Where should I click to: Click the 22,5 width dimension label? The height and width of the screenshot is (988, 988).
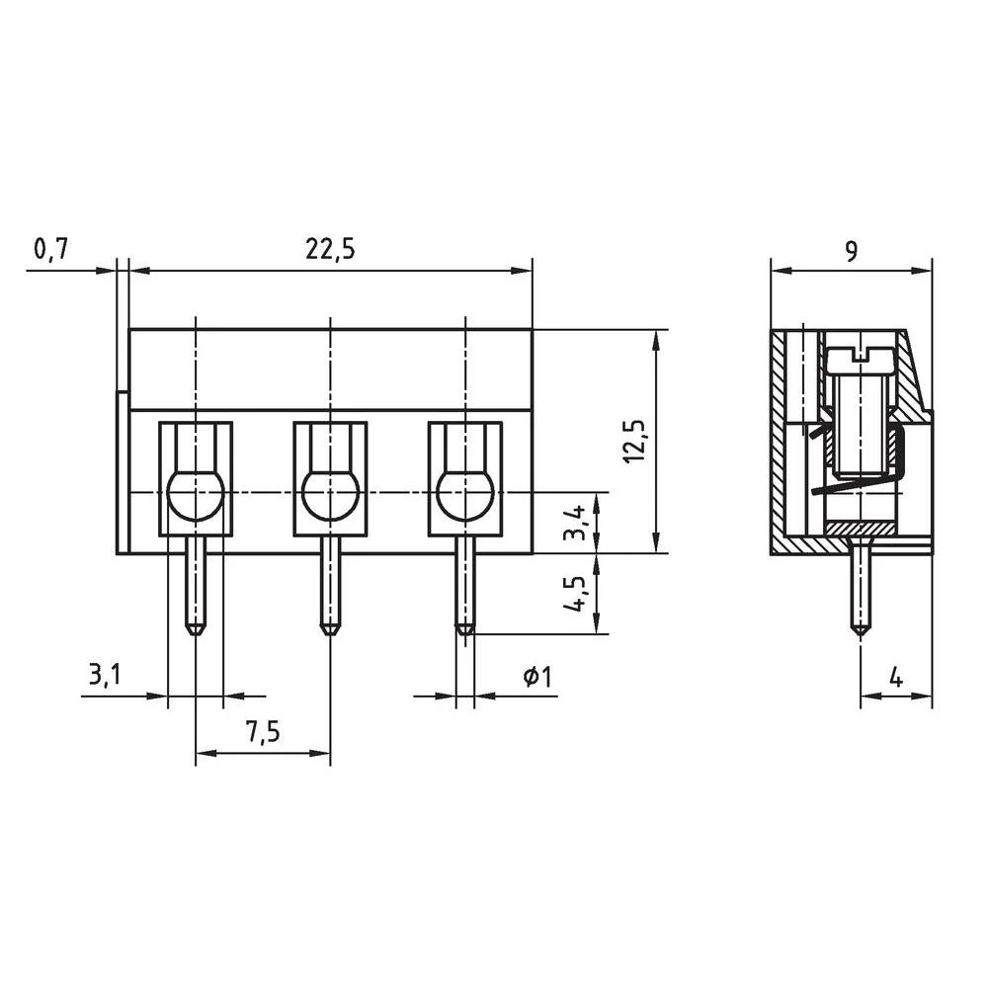330,250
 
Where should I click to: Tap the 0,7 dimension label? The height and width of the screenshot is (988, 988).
49,250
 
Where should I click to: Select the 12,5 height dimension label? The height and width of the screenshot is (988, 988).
635,441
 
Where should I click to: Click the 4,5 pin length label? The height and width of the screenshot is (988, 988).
575,594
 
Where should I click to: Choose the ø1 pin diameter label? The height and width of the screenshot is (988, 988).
537,678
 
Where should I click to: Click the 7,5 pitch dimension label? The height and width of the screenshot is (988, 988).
263,732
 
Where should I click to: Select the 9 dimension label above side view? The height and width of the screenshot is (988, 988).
851,251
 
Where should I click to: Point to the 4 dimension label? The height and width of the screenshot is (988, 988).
895,678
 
